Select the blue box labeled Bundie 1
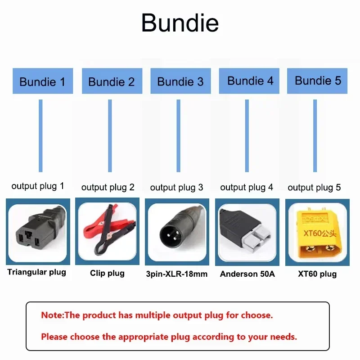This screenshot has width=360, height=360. (43, 81)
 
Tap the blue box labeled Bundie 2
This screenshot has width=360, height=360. (112, 81)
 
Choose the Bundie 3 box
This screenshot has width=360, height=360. (180, 81)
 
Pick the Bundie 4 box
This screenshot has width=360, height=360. (250, 81)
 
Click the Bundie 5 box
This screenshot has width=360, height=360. (318, 81)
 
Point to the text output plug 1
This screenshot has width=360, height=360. (38, 186)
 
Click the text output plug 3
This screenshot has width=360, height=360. (176, 187)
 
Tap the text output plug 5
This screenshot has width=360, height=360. (314, 187)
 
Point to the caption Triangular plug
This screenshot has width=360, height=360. (37, 272)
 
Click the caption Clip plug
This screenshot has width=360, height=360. (107, 273)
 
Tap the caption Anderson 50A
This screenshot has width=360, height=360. (247, 274)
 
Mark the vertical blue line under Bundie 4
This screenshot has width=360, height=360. (247, 135)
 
